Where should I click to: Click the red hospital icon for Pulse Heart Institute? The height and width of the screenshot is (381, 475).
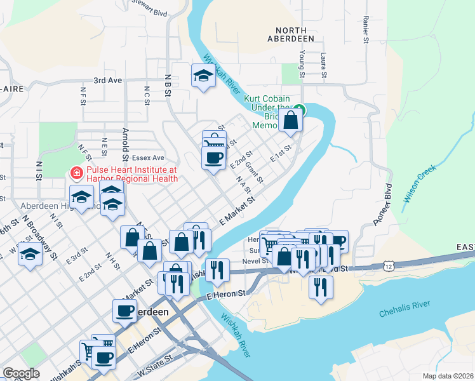76,171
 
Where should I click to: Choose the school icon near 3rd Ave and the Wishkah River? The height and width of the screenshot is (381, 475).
203,76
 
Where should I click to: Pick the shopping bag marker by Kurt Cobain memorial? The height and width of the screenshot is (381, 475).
290,121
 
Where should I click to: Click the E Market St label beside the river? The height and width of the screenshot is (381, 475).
237,208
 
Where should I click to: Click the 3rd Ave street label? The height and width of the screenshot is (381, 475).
107,81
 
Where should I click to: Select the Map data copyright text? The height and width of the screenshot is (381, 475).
447,376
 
